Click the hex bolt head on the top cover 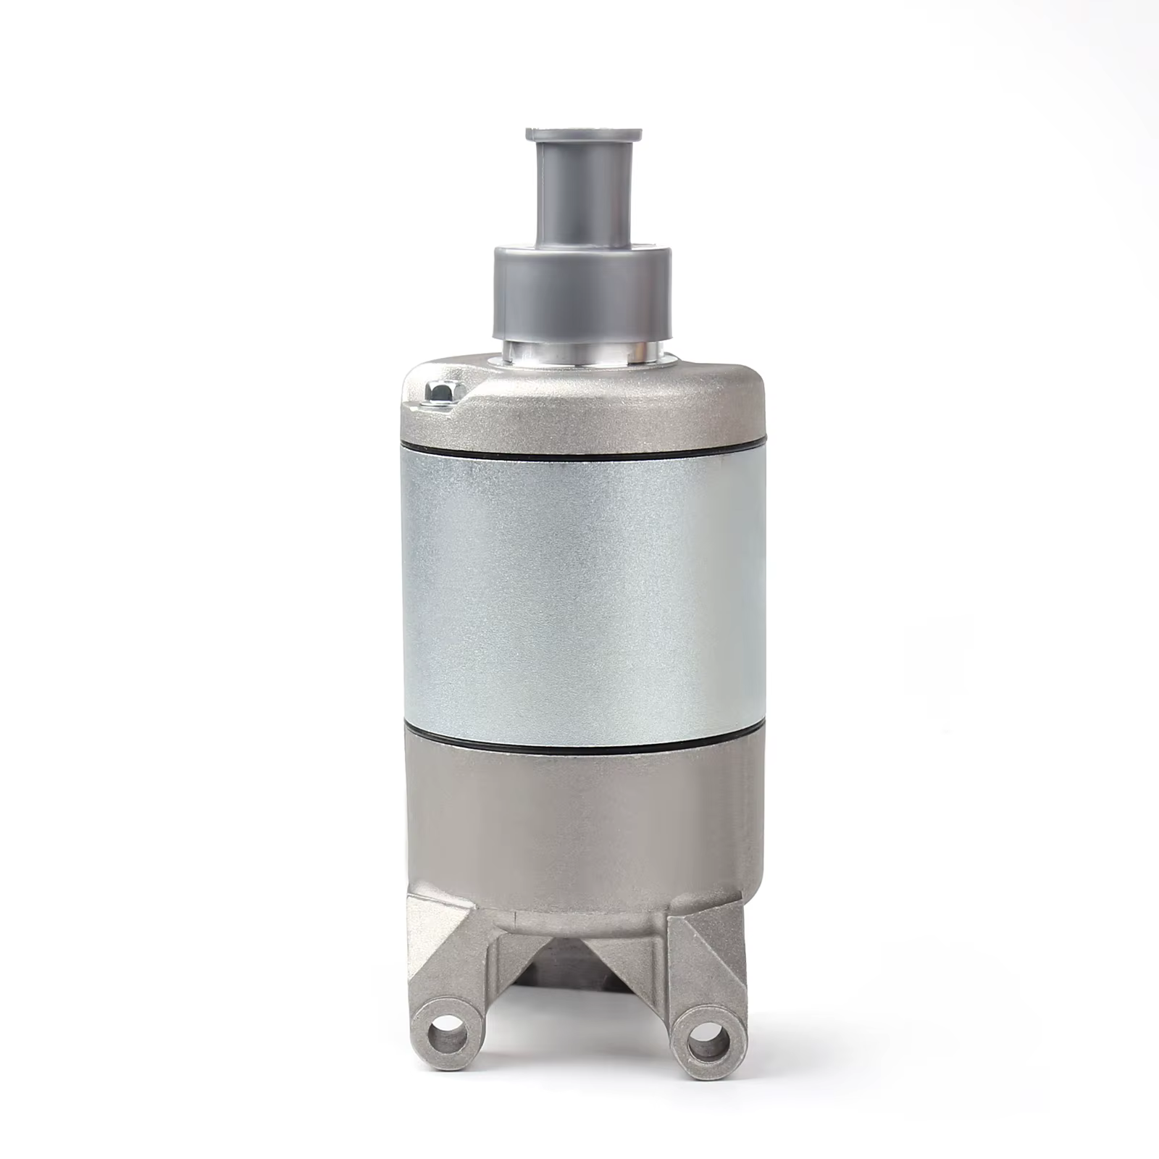pyautogui.click(x=440, y=391)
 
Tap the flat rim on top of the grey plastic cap pyautogui.click(x=583, y=135)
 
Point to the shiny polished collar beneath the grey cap pyautogui.click(x=583, y=352)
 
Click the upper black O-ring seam pyautogui.click(x=583, y=451)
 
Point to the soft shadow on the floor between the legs pyautogui.click(x=579, y=1029)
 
